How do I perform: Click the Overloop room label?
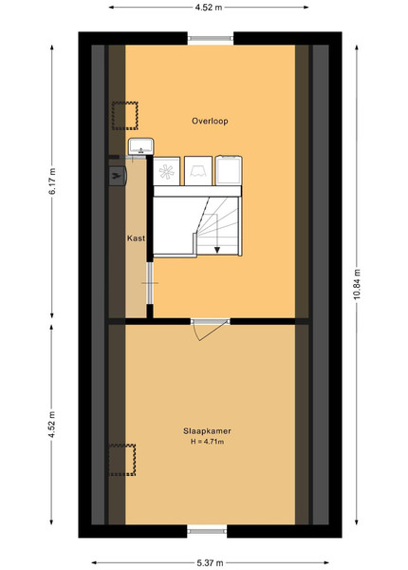coord(210,121)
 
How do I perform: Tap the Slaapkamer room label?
coord(207,431)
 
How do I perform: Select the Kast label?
coord(136,238)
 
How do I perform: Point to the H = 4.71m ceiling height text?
coord(207,442)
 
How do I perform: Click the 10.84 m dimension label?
coord(357,285)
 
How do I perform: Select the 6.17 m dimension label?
coord(52,181)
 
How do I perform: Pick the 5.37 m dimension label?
coord(210,563)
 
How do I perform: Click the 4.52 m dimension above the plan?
coord(209,8)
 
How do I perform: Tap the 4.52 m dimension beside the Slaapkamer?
coord(52,425)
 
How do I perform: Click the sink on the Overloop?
coord(140,146)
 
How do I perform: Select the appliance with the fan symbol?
coord(167,172)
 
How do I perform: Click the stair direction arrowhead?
coord(217,250)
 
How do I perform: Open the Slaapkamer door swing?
coord(211,332)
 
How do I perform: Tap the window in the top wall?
coord(211,38)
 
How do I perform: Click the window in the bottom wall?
coord(207,531)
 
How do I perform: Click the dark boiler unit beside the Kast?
coord(118,176)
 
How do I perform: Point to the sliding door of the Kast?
coord(150,283)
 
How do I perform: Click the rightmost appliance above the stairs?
coord(229,170)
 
